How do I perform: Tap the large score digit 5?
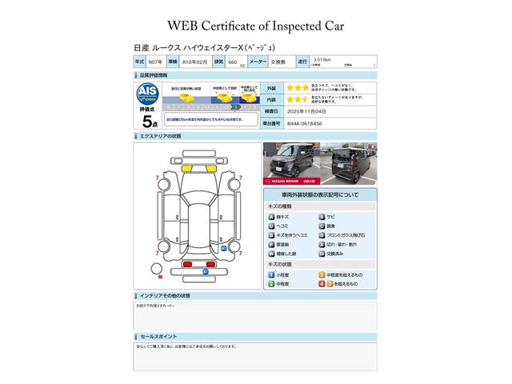tap(146, 122)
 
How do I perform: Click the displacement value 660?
tap(232, 62)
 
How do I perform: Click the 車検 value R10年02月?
tap(195, 62)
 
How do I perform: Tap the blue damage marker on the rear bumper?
tap(205, 271)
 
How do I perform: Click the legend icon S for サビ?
tap(322, 217)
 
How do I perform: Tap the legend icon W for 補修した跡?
tap(271, 253)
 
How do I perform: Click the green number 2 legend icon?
tap(271, 283)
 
